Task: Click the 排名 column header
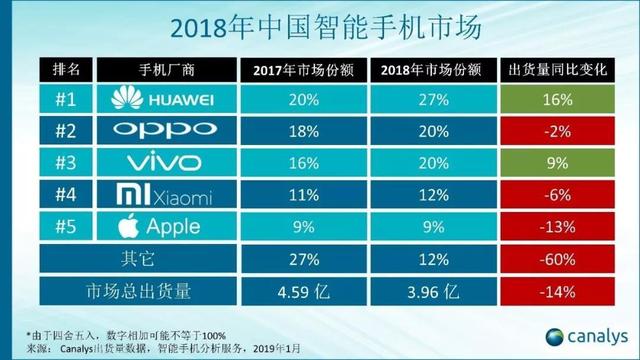click(x=68, y=70)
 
